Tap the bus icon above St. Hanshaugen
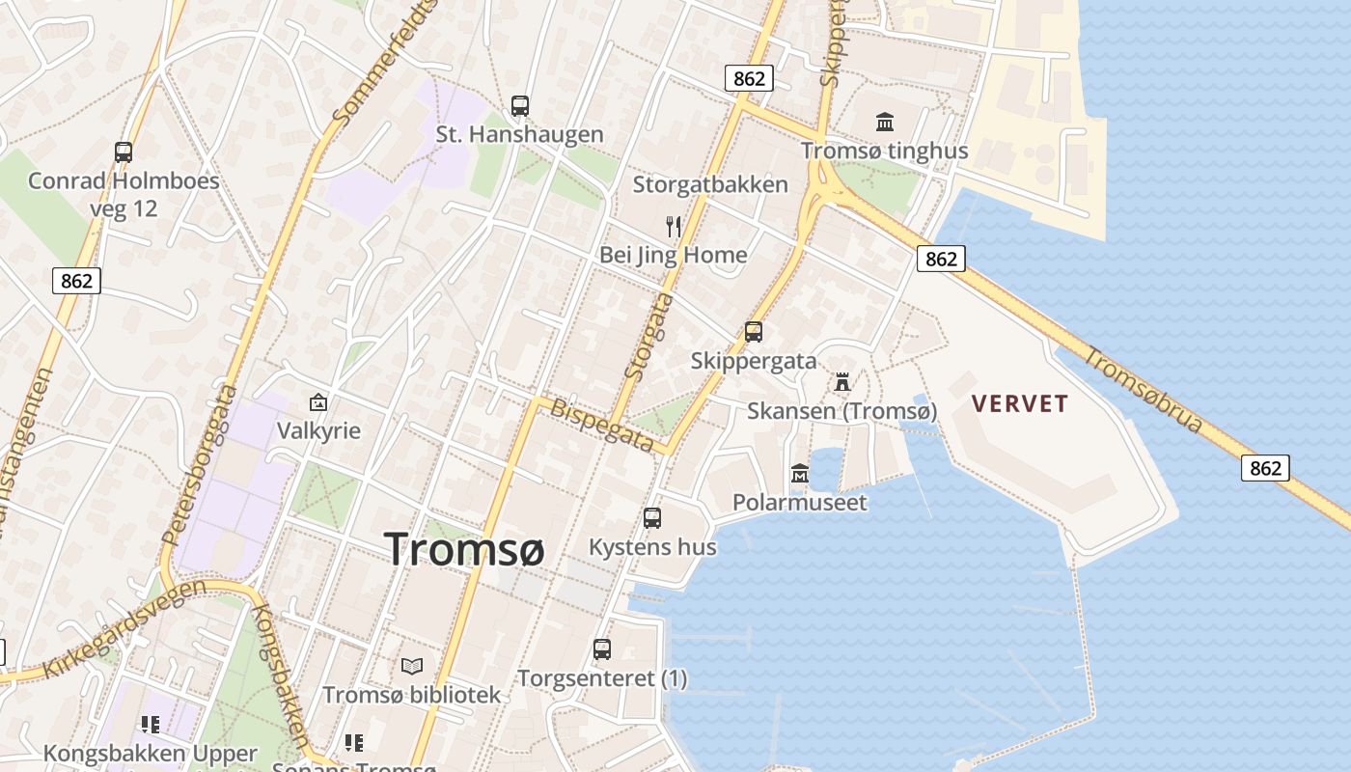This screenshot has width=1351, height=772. tap(520, 105)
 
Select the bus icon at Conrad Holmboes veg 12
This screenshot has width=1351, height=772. tap(124, 152)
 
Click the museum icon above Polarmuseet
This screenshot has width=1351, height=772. tap(800, 474)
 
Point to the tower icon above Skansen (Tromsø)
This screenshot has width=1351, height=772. tap(842, 381)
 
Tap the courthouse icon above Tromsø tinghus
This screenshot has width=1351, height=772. tap(885, 122)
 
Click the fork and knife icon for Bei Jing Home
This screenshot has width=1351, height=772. tap(674, 227)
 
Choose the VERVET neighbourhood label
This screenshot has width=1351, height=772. tap(1020, 403)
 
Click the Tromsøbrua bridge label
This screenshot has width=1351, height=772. tap(1144, 391)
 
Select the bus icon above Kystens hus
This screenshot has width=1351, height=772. tap(652, 518)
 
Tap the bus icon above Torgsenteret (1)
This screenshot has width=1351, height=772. tap(602, 649)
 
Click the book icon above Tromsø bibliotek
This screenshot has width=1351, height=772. tap(412, 666)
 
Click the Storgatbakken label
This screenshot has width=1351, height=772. tap(710, 184)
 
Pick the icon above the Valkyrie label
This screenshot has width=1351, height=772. tap(318, 401)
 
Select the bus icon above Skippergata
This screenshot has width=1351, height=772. tap(754, 332)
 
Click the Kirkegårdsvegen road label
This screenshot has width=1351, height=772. tap(123, 629)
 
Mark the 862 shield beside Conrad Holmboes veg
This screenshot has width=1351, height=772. tap(76, 281)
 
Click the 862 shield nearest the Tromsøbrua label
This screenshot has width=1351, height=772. tap(1264, 468)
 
